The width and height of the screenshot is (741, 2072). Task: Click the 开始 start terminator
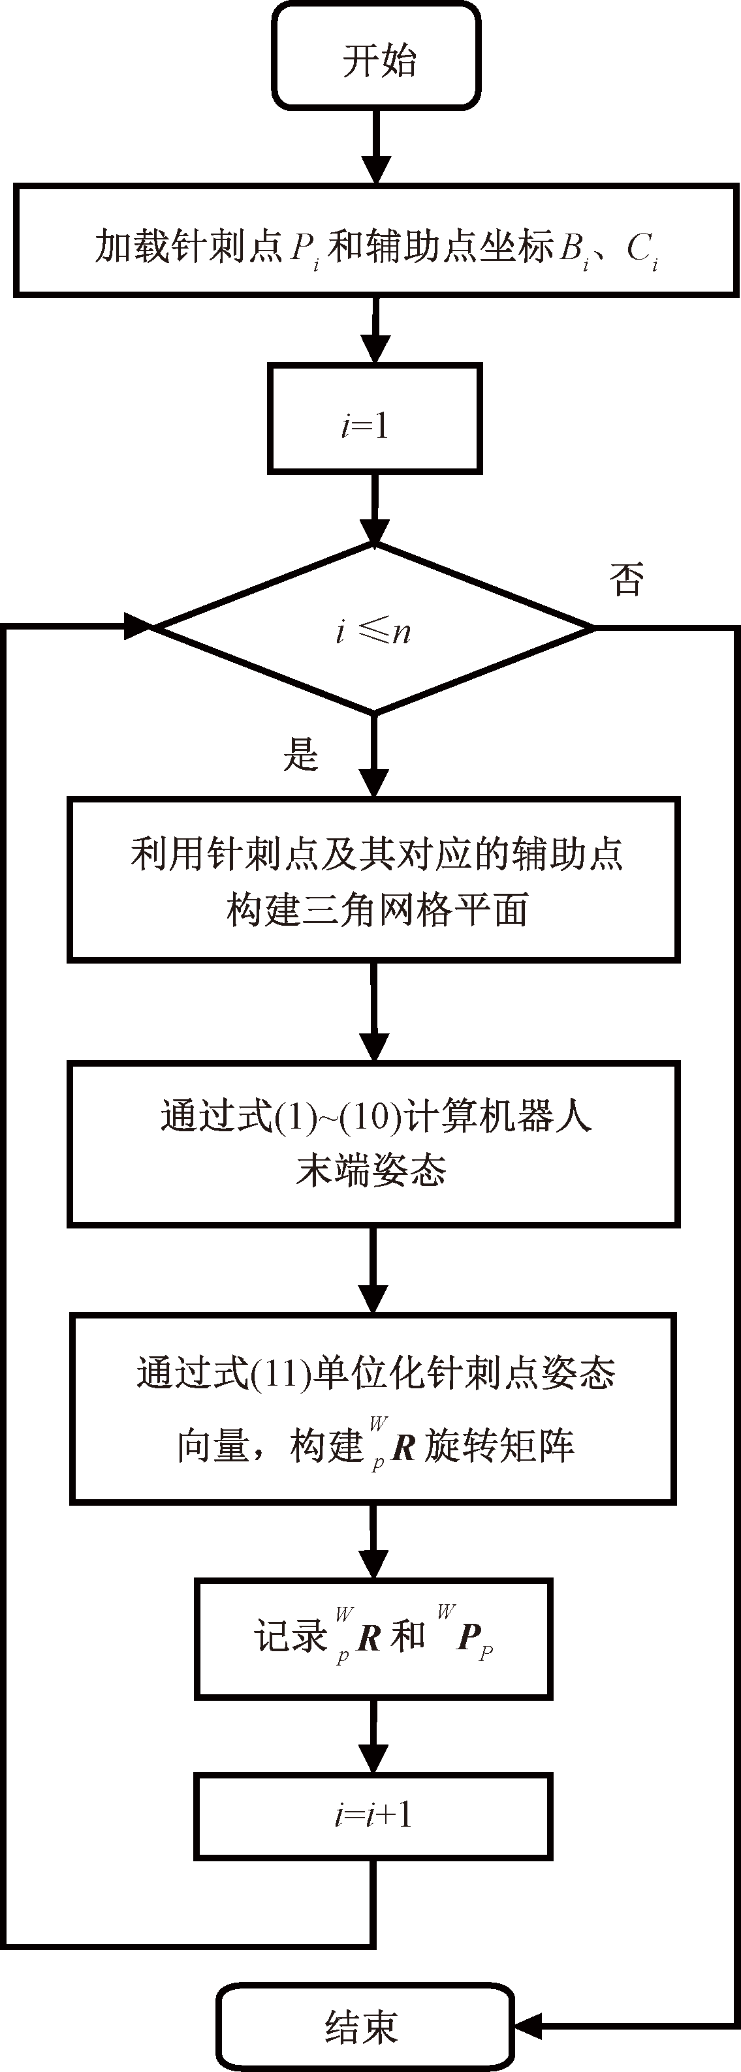coord(377,56)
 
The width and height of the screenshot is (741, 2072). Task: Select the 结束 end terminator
coord(364,2027)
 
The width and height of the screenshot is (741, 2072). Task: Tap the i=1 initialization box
coord(374,418)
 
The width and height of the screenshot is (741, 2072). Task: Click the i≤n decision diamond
coord(374,628)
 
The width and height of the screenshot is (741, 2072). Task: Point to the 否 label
coord(627,579)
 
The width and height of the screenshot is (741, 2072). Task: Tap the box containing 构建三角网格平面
coord(374,879)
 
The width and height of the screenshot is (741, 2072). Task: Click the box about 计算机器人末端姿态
coord(374,1144)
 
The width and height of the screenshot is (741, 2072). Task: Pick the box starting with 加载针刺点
coord(377,241)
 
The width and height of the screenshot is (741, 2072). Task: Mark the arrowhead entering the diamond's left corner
coord(138,626)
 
